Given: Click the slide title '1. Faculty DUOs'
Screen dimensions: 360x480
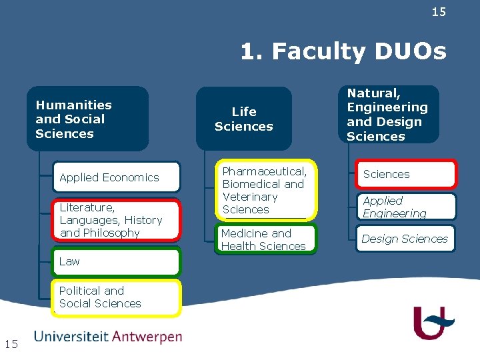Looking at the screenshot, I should click(343, 51).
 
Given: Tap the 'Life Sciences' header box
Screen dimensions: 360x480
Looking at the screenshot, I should click(244, 119).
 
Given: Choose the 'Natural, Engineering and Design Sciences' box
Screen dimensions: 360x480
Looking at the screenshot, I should click(389, 114).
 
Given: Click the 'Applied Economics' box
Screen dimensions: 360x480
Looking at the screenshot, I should click(117, 177).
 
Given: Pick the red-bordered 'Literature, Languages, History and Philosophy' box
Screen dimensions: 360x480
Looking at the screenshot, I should click(117, 220).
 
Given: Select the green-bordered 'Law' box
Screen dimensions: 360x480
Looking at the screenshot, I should click(117, 261).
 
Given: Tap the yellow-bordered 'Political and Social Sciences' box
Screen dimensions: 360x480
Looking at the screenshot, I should click(117, 297).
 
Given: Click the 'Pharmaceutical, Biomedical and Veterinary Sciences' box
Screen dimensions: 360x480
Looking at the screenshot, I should click(265, 191).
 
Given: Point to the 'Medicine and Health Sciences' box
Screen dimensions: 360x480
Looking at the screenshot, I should click(265, 240).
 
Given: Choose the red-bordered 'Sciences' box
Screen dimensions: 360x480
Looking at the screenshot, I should click(406, 175).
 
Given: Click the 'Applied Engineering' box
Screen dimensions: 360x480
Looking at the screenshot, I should click(406, 207).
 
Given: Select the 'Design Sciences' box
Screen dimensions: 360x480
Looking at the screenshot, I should click(406, 239).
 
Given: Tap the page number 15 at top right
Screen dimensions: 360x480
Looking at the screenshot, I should click(439, 12).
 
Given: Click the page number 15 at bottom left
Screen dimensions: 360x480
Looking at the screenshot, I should click(11, 344).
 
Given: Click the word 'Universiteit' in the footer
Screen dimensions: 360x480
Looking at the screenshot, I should click(71, 337).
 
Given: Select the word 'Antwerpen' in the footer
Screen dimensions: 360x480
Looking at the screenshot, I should click(147, 337).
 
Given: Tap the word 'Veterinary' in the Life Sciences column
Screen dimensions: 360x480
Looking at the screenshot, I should click(250, 197).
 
